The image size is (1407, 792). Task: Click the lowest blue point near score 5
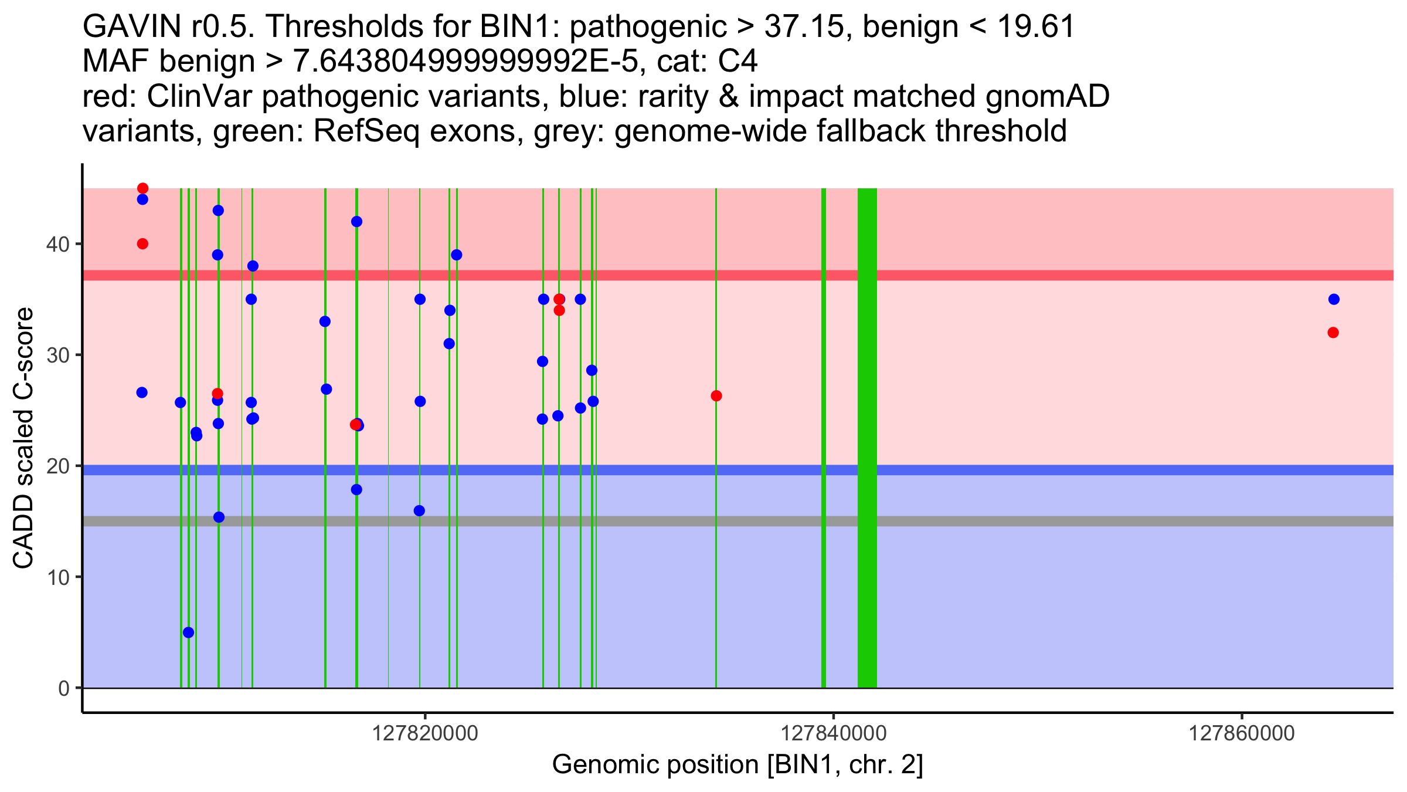(x=188, y=632)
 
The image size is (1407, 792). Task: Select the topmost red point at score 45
(x=142, y=188)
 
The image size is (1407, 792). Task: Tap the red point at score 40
(x=142, y=243)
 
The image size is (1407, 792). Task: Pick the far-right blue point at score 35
(x=1334, y=299)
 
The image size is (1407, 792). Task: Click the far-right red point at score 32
(x=1333, y=333)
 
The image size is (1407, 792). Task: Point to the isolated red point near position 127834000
(x=716, y=396)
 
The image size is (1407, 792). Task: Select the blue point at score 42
(x=356, y=222)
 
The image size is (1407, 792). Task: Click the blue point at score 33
(x=325, y=321)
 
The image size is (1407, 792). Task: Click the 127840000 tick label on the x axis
(x=833, y=733)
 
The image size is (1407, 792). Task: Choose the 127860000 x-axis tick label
(x=1241, y=733)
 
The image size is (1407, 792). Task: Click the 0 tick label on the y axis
(x=63, y=688)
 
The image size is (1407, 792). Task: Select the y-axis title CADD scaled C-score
(x=23, y=438)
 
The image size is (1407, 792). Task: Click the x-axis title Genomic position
(x=737, y=765)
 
